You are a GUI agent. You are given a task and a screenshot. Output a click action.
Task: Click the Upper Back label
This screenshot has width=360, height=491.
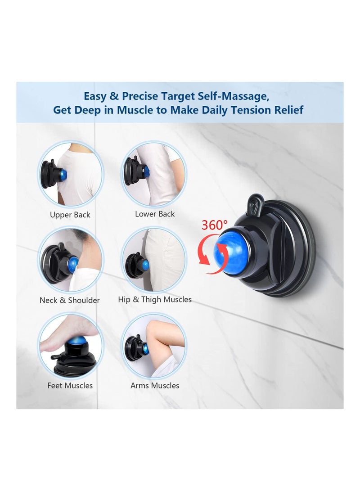(70, 215)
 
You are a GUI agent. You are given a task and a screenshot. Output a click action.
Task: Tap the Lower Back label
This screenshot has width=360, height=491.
(155, 214)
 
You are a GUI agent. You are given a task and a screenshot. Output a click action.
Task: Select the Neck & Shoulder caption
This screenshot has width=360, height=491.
(70, 300)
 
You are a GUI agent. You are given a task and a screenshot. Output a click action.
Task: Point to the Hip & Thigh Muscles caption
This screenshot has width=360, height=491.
(155, 300)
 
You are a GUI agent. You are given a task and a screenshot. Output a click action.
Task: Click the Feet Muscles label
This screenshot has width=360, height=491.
(70, 386)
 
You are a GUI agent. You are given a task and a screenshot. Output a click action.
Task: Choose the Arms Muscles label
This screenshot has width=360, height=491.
(155, 386)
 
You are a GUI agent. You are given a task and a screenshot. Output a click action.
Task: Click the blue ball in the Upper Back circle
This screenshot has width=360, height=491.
(62, 175)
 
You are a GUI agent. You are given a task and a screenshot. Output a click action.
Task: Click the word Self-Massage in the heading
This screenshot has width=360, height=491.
(245, 96)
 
